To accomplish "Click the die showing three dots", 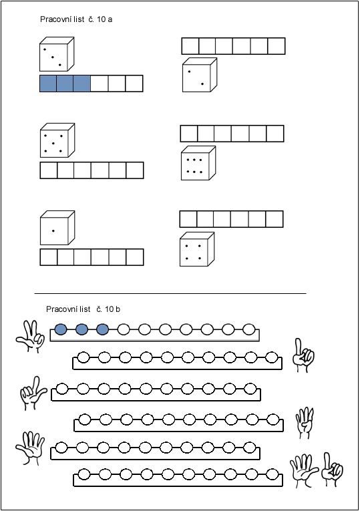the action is (57, 54).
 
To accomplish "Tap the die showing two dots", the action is (200, 75).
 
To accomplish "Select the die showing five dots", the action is (57, 140).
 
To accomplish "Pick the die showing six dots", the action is (198, 163).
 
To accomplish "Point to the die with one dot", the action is (57, 228).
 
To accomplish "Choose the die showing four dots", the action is (197, 249).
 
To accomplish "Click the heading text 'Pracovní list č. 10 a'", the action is (76, 19).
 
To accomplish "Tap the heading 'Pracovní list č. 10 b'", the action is (83, 309).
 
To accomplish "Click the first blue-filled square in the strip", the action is (48, 83).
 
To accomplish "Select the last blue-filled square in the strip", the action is (81, 83).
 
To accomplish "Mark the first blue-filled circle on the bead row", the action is (61, 329).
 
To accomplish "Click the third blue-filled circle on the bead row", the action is (103, 329).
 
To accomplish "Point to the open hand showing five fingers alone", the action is (30, 448).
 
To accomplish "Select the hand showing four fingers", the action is (305, 423).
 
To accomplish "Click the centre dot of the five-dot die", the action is (53, 144).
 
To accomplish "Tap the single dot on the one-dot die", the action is (53, 231).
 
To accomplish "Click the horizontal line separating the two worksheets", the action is (170, 294).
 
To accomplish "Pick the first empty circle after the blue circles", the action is (124, 329).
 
